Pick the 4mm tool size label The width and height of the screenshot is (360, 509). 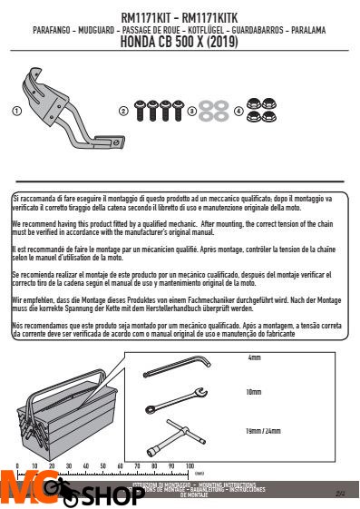pyautogui.click(x=254, y=333)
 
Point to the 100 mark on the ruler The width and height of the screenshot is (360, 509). pyautogui.click(x=190, y=465)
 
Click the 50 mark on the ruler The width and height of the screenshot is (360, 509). pyautogui.click(x=102, y=465)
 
